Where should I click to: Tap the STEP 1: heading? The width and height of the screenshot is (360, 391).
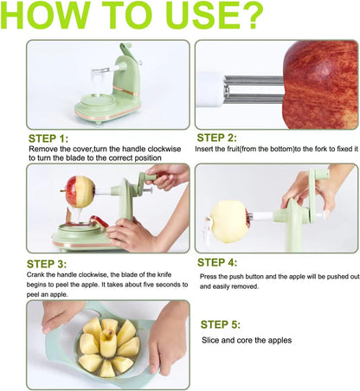[x=54, y=138]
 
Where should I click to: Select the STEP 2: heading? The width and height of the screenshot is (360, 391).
[x=222, y=138]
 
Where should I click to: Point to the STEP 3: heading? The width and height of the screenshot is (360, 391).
[x=54, y=263]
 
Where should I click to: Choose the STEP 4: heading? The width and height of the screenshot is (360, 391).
[x=223, y=261]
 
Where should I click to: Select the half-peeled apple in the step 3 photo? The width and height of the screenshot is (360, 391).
[x=79, y=190]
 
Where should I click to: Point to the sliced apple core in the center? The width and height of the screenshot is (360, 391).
[x=108, y=345]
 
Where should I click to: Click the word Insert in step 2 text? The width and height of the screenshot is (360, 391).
[x=208, y=150]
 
